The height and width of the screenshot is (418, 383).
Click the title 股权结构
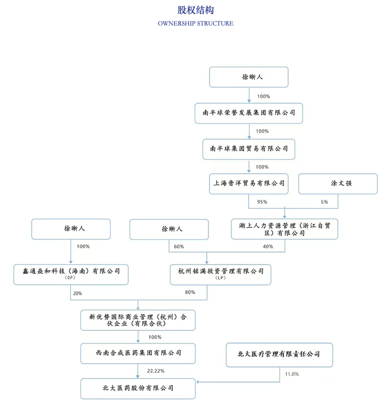coord(196,10)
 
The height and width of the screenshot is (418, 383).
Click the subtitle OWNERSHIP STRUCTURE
coord(196,24)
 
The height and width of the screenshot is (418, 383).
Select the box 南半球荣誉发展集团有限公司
coord(249,113)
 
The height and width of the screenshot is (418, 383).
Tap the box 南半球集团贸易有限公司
coord(249,149)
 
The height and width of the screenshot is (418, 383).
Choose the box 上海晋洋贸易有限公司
coord(249,184)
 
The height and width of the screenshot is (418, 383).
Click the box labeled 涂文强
coord(338,184)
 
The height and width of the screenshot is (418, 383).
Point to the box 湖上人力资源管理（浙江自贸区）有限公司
coord(285,229)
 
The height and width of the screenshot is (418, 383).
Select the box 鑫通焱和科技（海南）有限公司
coord(71,274)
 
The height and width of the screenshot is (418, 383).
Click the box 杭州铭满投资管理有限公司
coord(220,274)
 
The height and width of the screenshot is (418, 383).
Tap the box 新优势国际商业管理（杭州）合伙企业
coord(138,320)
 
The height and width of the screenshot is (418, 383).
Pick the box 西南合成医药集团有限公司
coord(138,353)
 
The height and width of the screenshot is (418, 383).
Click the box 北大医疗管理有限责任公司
coord(280,355)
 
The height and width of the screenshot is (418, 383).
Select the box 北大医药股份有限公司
coord(138,388)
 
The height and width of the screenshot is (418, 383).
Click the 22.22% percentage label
coord(156,371)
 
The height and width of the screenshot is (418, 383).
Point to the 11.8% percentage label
coord(292,374)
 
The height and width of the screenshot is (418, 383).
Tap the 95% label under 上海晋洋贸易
coord(262,202)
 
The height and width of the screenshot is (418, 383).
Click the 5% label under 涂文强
coord(324,202)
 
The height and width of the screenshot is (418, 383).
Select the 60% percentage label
coord(179,247)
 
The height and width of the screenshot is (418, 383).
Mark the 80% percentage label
coord(190,292)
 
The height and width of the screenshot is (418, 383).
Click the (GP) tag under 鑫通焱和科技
coord(70,278)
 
